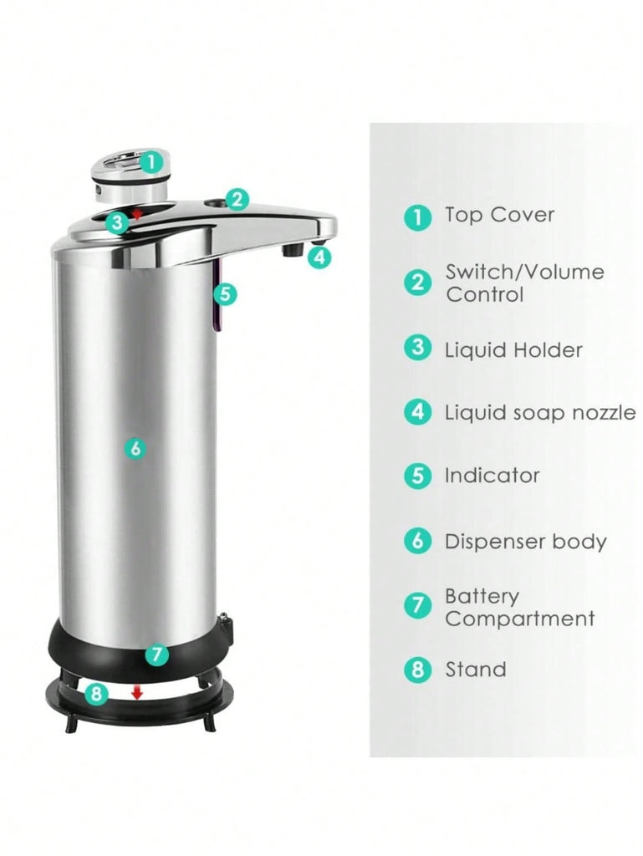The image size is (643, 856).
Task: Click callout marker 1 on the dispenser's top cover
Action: click(151, 162)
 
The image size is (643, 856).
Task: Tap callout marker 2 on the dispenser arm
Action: click(237, 200)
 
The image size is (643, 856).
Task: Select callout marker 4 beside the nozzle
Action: click(319, 257)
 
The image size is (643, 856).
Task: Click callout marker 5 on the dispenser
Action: click(225, 294)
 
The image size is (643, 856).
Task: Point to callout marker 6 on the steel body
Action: click(135, 448)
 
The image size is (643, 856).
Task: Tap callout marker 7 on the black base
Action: click(156, 654)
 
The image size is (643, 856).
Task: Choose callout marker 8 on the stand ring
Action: click(96, 694)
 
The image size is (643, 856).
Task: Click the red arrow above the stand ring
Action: click(137, 692)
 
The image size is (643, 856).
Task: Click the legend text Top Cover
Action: click(499, 215)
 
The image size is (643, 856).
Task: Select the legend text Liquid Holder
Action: click(513, 350)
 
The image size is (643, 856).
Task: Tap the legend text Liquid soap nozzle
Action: click(540, 413)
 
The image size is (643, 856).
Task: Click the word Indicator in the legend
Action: click(492, 476)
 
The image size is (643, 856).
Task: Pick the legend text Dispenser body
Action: click(526, 542)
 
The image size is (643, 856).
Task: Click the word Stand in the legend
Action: click(476, 670)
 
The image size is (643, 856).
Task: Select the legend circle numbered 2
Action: click(417, 283)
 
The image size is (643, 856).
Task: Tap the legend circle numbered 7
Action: click(417, 605)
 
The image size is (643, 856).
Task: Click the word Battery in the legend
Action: click(482, 597)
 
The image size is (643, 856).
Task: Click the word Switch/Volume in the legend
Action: click(524, 272)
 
